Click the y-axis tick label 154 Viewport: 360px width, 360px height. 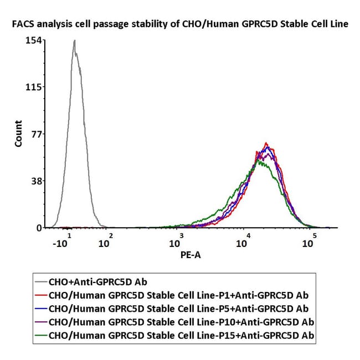(x=34, y=40)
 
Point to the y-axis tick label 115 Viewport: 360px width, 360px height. (x=34, y=88)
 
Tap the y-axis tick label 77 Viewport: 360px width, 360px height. (x=37, y=134)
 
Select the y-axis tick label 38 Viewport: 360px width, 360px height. (x=37, y=181)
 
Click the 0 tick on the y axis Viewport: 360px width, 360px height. (x=39, y=228)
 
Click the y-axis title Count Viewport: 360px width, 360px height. (x=18, y=133)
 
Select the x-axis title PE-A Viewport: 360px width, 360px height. (x=191, y=255)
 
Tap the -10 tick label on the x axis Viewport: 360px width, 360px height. (x=62, y=241)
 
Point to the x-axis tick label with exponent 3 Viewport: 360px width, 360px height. (x=177, y=241)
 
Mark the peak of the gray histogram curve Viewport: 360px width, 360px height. (x=75, y=40)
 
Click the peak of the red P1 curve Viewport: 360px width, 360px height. (x=266, y=142)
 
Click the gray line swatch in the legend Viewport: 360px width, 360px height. (x=41, y=281)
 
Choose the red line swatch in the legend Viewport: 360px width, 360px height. (x=41, y=295)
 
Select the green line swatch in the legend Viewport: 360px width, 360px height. (x=41, y=335)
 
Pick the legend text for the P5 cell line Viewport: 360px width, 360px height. (x=178, y=309)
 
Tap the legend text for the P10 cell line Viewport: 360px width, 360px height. (x=181, y=322)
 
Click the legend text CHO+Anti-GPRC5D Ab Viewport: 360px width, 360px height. (x=98, y=282)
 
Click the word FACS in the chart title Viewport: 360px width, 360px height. (x=23, y=24)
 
